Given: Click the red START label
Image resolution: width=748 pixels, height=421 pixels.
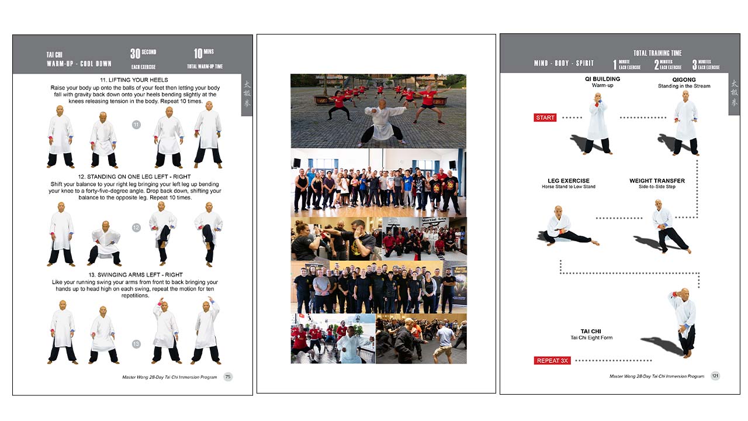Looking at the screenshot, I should [x=545, y=118].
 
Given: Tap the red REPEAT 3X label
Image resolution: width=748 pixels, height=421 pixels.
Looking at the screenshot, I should [x=552, y=361].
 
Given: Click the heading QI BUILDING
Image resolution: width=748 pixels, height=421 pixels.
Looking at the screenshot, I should [x=602, y=79].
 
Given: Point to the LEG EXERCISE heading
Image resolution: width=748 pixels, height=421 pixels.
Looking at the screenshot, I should [x=569, y=181].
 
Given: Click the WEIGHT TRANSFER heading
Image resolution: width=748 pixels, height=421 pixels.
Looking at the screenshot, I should [x=657, y=181].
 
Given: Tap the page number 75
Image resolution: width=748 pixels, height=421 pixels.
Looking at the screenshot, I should [x=228, y=377].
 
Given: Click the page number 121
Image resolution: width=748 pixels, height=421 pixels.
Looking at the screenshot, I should [x=715, y=376].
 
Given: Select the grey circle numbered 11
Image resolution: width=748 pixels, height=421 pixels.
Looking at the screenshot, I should [x=136, y=125].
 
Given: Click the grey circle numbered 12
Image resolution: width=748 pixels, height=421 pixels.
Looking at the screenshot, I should [x=136, y=228].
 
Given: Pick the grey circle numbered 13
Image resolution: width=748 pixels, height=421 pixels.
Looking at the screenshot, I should [x=136, y=344].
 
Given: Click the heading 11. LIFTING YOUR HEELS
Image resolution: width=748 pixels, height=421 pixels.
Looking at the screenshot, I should [x=134, y=80].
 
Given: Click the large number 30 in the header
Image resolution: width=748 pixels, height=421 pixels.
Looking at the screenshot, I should [x=135, y=54].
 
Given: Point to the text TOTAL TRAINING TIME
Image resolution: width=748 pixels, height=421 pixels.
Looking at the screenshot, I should [x=657, y=53].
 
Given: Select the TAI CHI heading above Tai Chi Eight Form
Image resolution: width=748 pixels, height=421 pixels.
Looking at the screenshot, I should [x=591, y=331].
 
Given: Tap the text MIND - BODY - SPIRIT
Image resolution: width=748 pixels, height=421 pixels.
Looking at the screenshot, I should [x=563, y=63].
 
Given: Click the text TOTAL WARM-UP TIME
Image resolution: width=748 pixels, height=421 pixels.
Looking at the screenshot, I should [x=205, y=67].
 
